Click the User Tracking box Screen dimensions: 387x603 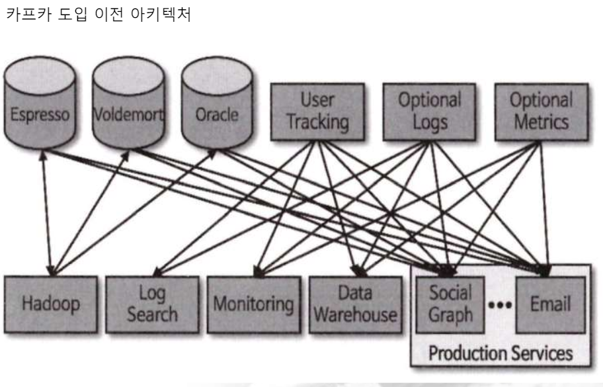click(317, 111)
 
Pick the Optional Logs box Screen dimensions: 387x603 click(429, 111)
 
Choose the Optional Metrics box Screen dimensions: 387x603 click(541, 111)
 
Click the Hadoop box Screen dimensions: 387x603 click(51, 304)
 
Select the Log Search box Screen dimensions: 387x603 click(152, 304)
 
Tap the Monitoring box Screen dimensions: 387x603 click(253, 305)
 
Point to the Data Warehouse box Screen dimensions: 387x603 click(355, 304)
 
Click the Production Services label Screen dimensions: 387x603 click(500, 353)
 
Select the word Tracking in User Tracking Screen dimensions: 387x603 click(317, 122)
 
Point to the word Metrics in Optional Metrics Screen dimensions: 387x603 click(541, 122)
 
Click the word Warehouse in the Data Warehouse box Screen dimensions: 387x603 click(355, 314)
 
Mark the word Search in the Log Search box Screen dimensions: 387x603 click(152, 314)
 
